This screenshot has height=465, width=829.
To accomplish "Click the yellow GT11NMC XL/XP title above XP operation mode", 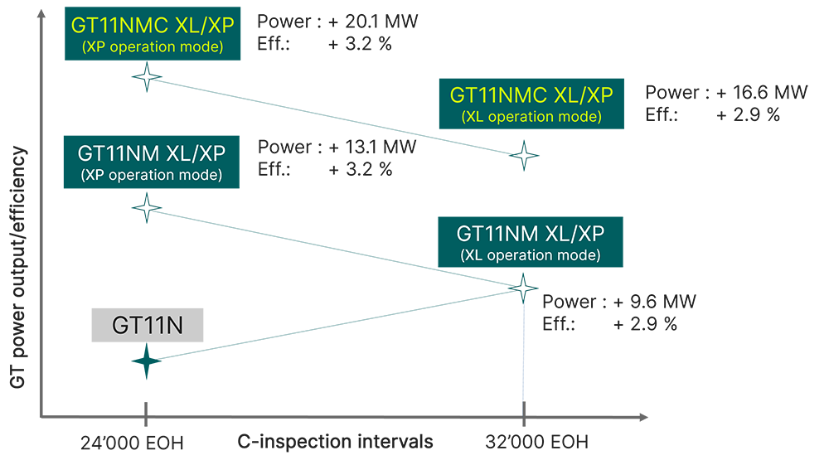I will point(152,26).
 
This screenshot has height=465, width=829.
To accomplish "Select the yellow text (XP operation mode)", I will point(152,46).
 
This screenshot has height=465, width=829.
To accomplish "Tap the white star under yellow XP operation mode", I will point(147,78).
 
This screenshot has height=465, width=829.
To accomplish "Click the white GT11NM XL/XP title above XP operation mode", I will point(152,153).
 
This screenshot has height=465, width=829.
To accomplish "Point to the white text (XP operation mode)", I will point(152,175).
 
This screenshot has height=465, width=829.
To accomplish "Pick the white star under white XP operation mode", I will point(147,206).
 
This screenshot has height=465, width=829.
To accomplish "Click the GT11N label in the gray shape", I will point(147,326).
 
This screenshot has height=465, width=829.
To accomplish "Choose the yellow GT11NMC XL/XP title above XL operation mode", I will point(531,95).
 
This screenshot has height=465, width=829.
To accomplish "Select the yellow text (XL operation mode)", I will point(531,117).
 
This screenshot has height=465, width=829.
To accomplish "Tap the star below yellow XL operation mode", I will point(523,155).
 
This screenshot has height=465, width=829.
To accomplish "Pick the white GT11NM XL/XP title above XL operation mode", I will point(531,234).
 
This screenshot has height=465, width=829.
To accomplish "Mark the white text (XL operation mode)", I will point(531,255).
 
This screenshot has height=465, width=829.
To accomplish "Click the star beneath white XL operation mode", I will point(522,288).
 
